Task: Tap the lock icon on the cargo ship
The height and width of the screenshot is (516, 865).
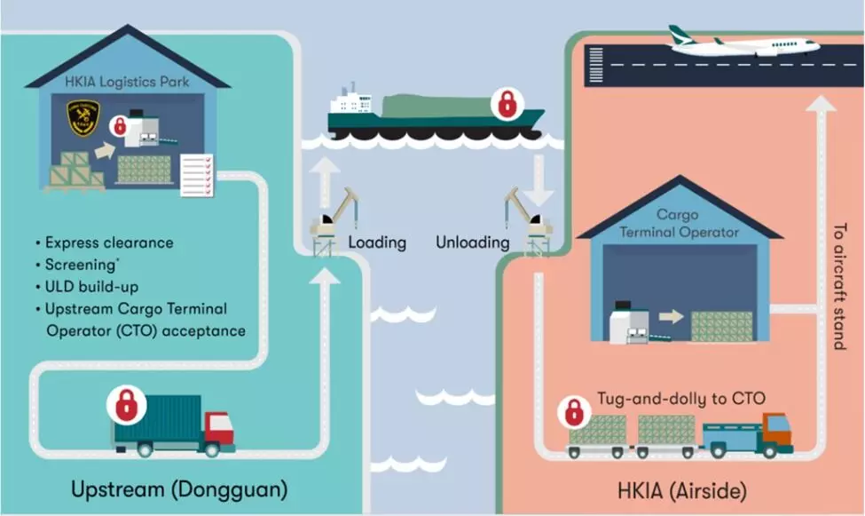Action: [x=507, y=104]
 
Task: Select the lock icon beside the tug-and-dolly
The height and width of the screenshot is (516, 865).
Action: [x=574, y=411]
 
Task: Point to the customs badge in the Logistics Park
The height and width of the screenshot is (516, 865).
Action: [x=83, y=117]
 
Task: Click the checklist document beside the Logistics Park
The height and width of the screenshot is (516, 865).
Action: [x=196, y=175]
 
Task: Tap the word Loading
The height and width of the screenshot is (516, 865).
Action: [x=377, y=242]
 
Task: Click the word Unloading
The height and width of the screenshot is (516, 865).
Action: [x=473, y=242]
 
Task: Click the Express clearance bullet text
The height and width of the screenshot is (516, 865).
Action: [x=108, y=242]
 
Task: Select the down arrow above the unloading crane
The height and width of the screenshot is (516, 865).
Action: [x=539, y=180]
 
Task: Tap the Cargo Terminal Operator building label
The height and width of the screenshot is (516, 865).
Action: [x=678, y=224]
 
